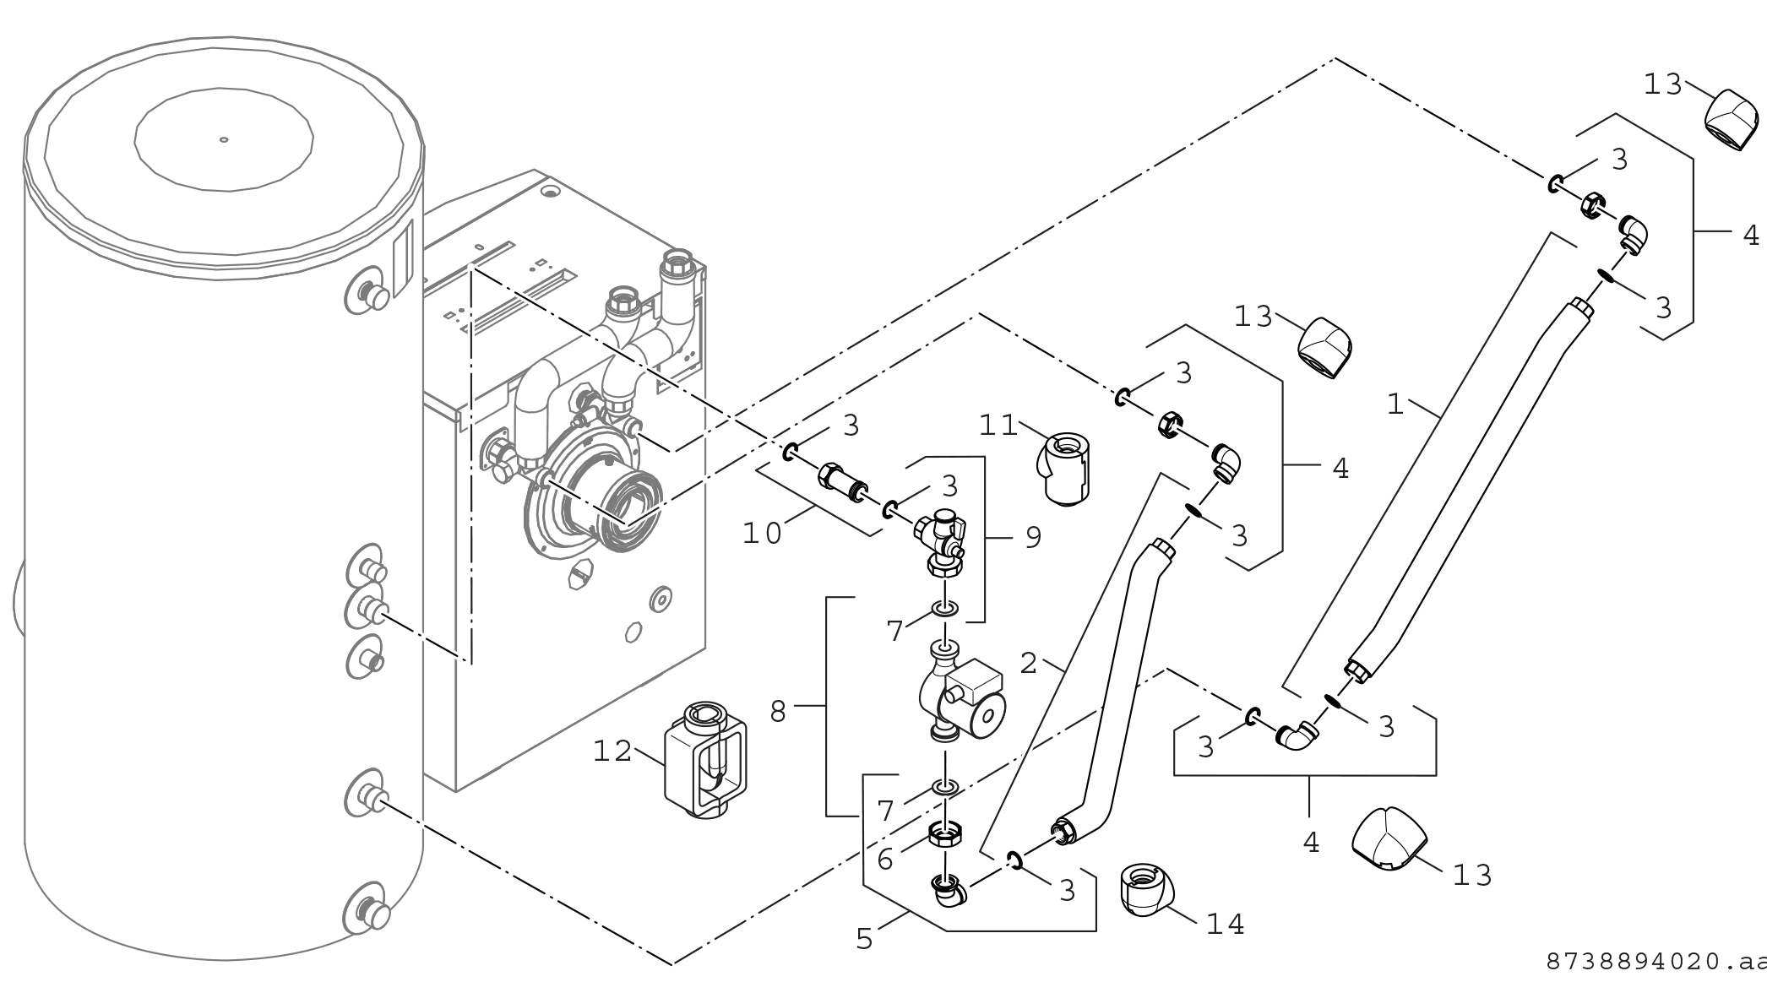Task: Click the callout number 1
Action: pos(1395,404)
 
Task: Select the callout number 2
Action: pos(1028,663)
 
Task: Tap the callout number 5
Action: pos(863,939)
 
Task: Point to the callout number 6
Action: pos(884,859)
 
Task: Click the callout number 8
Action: pos(778,712)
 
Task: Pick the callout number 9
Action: pos(1033,538)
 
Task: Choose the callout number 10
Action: pos(762,534)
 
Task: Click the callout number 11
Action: pos(998,425)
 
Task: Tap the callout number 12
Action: pos(612,751)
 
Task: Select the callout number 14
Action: pos(1226,925)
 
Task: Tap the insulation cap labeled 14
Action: pos(1145,888)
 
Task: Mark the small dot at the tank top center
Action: pos(223,139)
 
